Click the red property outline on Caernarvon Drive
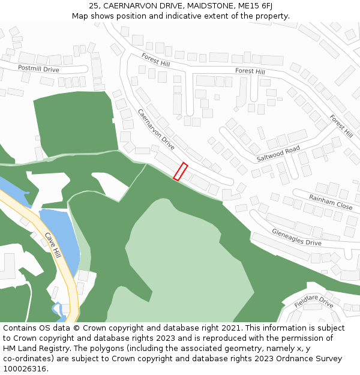pos(181,171)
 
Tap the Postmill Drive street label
pos(38,69)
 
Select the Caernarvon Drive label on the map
pos(156,130)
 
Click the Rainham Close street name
pos(331,201)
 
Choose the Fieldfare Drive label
pos(314,301)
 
